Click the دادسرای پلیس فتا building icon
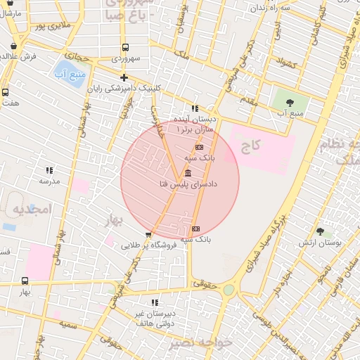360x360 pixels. point(188,173)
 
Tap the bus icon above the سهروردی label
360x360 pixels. point(124,48)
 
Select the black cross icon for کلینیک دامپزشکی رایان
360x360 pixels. point(124,77)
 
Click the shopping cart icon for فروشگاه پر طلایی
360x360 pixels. point(148,236)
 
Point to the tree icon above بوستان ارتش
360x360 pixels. point(321,231)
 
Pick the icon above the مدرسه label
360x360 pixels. point(49,170)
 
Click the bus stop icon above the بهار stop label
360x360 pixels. point(25,281)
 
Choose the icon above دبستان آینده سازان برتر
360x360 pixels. point(195,108)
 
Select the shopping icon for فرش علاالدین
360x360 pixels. point(15,46)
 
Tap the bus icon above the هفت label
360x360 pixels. point(6,92)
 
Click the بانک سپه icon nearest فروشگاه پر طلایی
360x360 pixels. point(195,229)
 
